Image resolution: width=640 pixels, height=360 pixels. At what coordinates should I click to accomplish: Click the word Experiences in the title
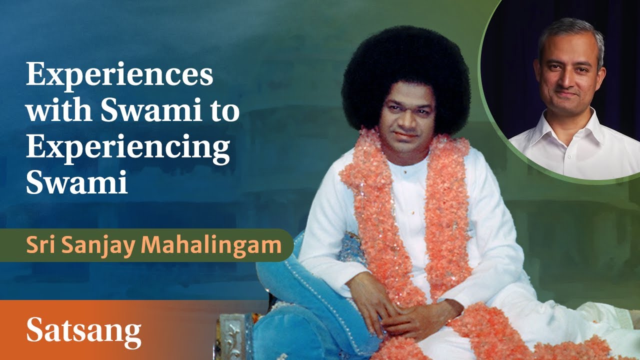coord(119,76)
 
